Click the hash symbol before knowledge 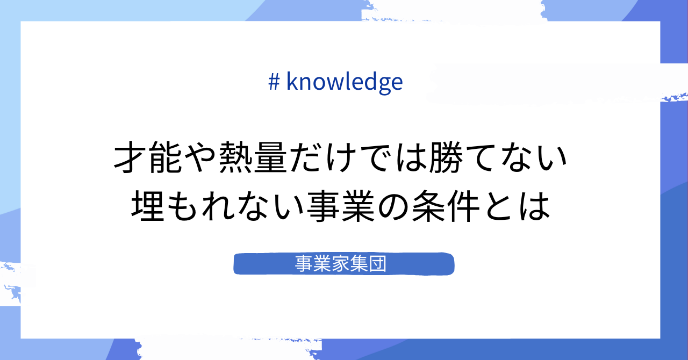click(x=274, y=82)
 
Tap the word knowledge click(x=345, y=82)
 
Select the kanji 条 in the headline click(x=428, y=206)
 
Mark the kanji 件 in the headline click(x=463, y=206)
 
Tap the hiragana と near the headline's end click(x=498, y=206)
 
